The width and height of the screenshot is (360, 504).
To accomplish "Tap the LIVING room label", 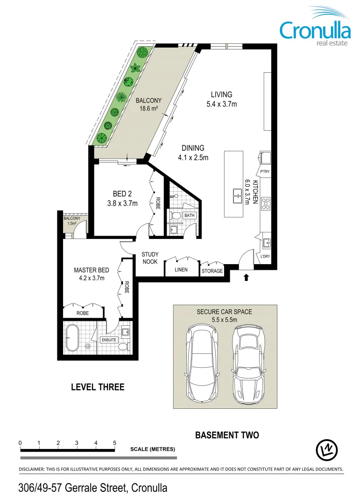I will point(221,95).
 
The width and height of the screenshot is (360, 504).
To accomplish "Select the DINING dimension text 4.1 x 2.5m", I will point(193,157).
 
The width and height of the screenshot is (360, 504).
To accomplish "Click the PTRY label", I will point(265,172).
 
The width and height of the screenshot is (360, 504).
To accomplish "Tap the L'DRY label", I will point(265,256).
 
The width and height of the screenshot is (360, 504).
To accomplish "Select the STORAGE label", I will point(212,271).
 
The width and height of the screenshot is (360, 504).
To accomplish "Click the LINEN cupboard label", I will point(181,270).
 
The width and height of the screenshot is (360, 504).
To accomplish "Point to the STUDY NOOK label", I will point(150,258).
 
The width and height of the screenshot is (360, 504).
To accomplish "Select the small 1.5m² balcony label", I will point(71,221).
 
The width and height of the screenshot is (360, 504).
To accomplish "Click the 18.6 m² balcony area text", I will point(148,109).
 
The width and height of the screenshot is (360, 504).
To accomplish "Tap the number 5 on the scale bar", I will point(114,442).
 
